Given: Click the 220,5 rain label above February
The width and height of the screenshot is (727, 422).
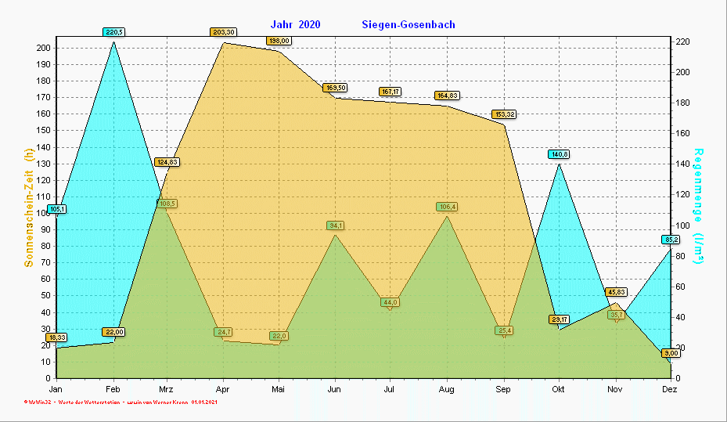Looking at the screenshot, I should (113, 32).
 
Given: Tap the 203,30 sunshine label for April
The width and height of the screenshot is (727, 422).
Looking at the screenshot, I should (223, 32).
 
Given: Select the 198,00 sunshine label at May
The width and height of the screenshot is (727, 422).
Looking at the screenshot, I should (279, 41).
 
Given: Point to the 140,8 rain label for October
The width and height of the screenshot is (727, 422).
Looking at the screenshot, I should (559, 154).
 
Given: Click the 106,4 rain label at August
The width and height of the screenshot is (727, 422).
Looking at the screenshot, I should (447, 207).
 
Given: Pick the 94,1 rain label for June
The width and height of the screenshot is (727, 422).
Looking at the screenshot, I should (335, 225).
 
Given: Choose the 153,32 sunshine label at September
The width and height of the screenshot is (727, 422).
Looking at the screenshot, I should (503, 115).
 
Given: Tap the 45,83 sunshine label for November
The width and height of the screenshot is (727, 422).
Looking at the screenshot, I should (616, 292).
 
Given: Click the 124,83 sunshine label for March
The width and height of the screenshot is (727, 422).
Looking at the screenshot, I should (167, 162).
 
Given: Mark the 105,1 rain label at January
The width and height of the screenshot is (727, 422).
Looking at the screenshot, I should (57, 209).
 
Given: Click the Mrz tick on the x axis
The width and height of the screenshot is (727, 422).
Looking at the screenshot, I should (166, 389).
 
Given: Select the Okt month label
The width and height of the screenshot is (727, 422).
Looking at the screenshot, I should (558, 389).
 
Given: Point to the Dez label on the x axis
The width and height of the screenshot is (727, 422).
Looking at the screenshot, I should (669, 389).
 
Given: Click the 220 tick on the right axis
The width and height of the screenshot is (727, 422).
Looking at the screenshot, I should (683, 41).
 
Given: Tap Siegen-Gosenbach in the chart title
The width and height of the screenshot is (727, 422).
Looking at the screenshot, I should (408, 24).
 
